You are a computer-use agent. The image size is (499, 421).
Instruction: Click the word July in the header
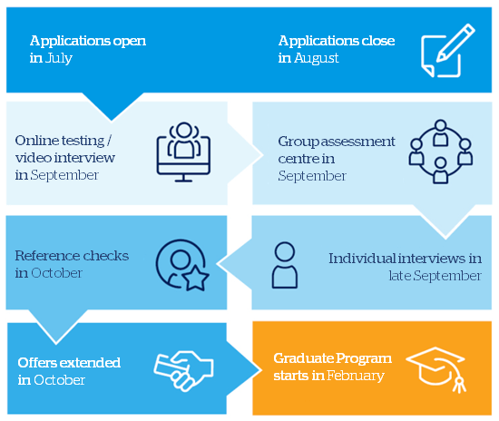click(59, 58)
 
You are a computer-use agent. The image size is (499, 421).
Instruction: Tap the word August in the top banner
click(317, 58)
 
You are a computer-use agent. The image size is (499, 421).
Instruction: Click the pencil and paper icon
click(448, 51)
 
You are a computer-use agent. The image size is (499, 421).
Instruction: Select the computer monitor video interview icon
click(183, 152)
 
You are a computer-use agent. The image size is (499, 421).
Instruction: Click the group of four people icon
click(441, 152)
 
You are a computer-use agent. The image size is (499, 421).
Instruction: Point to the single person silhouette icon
click(285, 265)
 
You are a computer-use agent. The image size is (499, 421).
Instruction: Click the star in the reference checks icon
click(196, 279)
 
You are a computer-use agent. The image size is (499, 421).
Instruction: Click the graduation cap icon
click(436, 370)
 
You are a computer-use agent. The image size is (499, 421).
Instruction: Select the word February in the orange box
click(356, 376)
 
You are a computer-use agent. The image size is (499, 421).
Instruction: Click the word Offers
click(37, 363)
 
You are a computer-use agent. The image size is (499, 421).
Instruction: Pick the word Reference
click(47, 256)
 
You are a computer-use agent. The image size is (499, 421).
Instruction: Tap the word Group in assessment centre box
click(298, 142)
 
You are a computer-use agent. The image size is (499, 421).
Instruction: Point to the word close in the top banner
click(378, 41)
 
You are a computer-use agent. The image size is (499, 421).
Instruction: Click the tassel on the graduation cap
click(459, 384)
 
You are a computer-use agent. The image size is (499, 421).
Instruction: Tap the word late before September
click(400, 276)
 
